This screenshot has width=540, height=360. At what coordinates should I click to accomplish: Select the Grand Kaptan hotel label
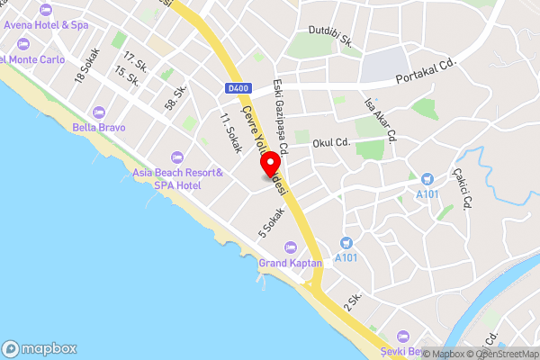291,263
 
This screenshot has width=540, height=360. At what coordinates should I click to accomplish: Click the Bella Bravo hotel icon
99,112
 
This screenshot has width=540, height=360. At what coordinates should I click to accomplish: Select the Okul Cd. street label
330,142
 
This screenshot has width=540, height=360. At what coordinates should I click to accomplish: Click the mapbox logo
40,348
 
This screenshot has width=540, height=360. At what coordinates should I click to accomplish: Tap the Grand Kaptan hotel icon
290,247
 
